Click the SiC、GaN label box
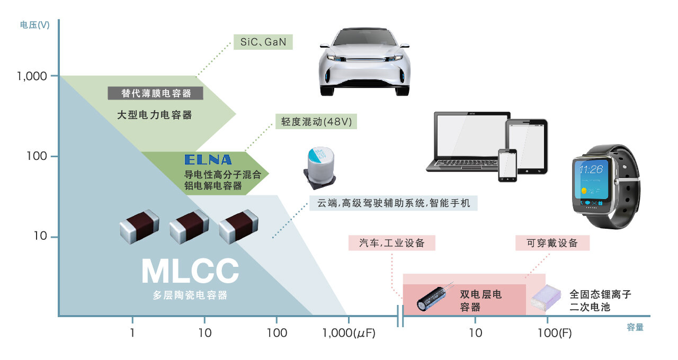point(263,42)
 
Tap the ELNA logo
point(208,159)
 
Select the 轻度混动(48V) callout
point(316,122)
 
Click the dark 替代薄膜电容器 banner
point(156,93)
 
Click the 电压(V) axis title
point(34,25)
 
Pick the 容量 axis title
point(635,327)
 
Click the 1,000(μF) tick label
point(349,333)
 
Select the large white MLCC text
point(190,271)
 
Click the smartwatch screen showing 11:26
point(593,182)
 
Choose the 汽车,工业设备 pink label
point(391,243)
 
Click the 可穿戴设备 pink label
point(552,243)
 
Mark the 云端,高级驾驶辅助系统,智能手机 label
point(394,203)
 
